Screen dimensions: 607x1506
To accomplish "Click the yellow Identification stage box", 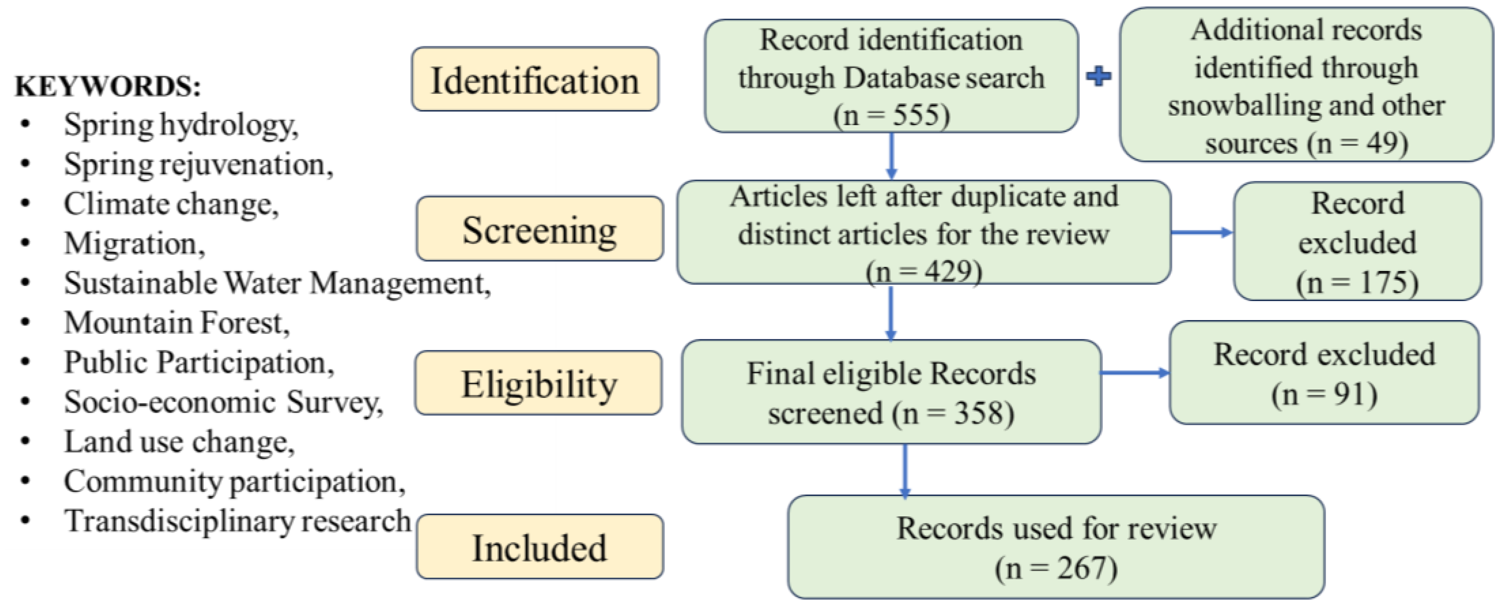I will tap(535, 79).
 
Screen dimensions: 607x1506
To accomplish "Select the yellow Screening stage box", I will tap(540, 228).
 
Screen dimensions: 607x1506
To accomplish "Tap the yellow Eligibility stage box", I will tap(538, 383).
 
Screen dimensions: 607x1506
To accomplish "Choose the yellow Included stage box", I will tap(540, 547).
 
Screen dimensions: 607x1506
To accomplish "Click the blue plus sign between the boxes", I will tap(1099, 76).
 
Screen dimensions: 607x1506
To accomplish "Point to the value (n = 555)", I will tap(891, 115).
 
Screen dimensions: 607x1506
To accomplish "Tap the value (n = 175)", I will tap(1357, 282).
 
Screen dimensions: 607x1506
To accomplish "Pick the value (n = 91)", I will tap(1324, 394).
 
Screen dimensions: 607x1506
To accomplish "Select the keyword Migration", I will tap(135, 243).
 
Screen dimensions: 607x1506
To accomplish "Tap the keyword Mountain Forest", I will tap(177, 323).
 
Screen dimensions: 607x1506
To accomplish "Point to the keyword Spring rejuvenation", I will tap(198, 164).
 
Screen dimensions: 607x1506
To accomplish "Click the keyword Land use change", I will tap(179, 442).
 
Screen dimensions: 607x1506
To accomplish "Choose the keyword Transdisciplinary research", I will tap(237, 521).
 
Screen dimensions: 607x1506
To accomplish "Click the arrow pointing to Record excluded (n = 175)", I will tap(1202, 233).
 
